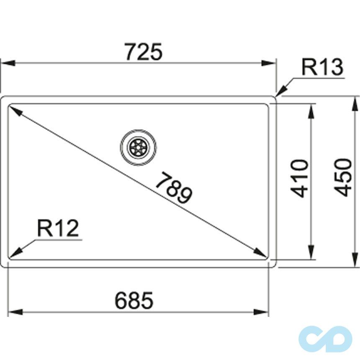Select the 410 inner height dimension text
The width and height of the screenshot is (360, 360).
(x=301, y=178)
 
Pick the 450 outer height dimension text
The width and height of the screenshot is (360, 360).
(x=343, y=177)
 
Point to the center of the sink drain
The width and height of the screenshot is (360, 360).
(x=139, y=147)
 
